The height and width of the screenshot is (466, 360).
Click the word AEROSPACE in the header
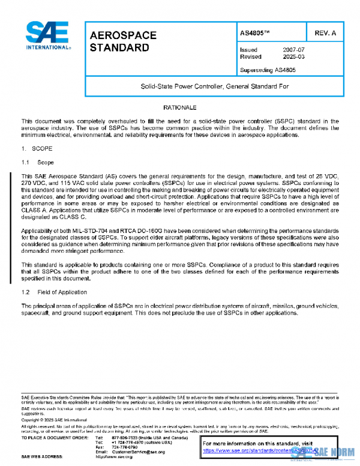[123, 35]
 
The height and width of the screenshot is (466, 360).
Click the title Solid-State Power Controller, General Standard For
[215, 86]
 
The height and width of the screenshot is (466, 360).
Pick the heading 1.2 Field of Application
[54, 292]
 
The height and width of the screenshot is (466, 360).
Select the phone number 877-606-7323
[125, 437]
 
